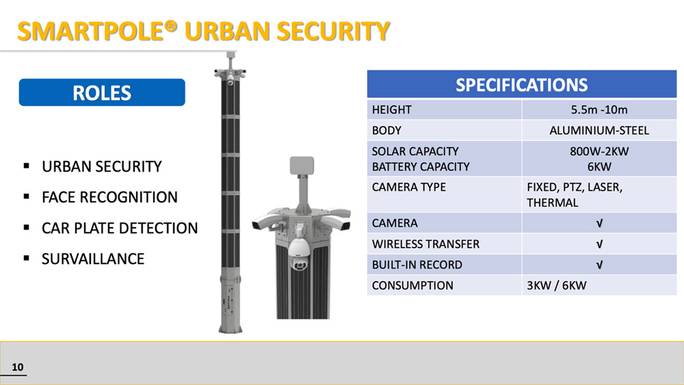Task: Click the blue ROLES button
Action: [102, 92]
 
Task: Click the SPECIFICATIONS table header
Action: [522, 84]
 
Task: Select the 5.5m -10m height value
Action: [599, 109]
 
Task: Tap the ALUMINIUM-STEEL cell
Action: [599, 131]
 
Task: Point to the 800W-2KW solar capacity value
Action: [599, 151]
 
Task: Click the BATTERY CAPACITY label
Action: [421, 167]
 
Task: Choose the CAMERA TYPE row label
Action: [409, 187]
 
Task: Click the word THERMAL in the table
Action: [552, 202]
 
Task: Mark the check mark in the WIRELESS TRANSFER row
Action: [599, 244]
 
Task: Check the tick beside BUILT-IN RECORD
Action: [599, 265]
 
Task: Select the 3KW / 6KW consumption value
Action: [556, 286]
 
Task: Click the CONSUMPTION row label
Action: [412, 286]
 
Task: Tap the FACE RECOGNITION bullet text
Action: [109, 197]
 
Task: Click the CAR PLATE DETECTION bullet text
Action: [120, 228]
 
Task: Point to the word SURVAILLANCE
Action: [93, 259]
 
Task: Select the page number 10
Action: [18, 367]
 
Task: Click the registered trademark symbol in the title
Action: [171, 27]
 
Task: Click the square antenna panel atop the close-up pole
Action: [302, 165]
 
